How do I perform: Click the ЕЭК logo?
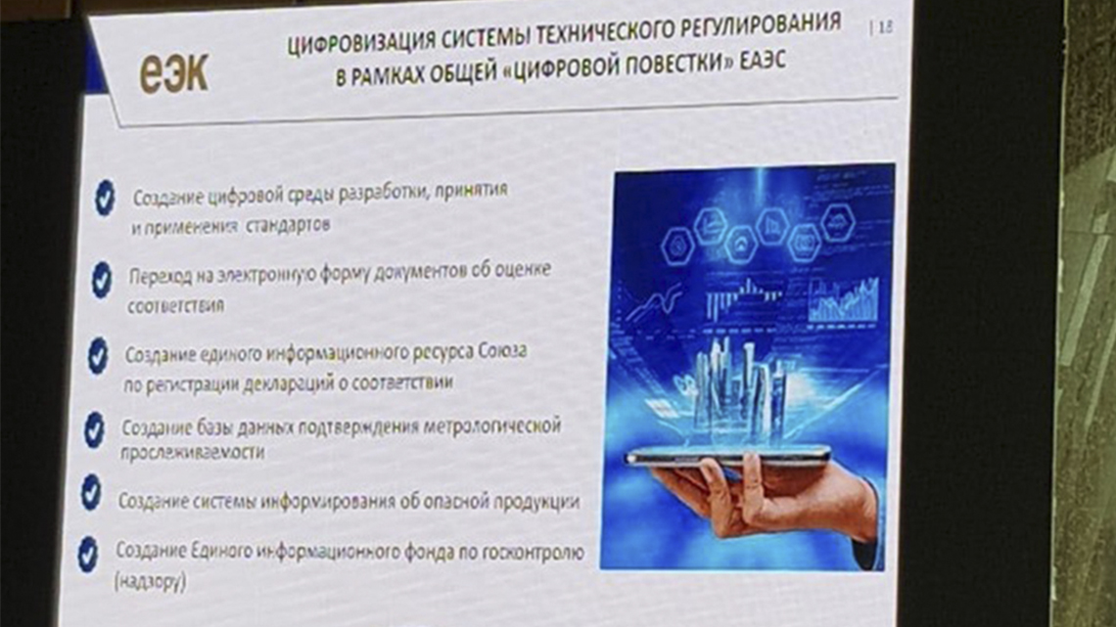(x=174, y=73)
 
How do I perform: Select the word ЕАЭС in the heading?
(x=763, y=60)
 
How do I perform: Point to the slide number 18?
(x=885, y=27)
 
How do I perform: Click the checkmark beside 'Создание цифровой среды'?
(x=106, y=197)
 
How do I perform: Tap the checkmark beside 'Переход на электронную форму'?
(x=102, y=279)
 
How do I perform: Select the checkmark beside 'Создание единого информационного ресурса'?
(x=98, y=355)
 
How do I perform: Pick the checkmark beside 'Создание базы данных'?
(x=95, y=429)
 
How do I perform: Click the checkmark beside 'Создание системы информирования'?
(x=91, y=492)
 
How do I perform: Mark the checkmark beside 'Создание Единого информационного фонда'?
(x=87, y=554)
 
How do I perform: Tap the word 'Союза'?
(x=502, y=351)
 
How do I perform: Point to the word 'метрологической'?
(x=491, y=426)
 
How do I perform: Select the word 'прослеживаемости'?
(x=192, y=452)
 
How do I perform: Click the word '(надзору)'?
(x=150, y=581)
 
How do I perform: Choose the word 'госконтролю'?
(x=534, y=553)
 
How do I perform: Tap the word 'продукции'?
(x=535, y=502)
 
